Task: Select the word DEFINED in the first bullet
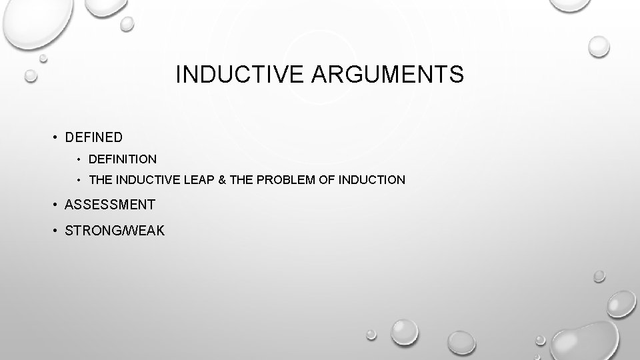(94, 137)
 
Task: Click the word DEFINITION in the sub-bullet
(123, 159)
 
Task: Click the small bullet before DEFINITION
(79, 160)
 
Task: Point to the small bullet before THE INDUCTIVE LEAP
(79, 181)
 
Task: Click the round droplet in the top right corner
(599, 45)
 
